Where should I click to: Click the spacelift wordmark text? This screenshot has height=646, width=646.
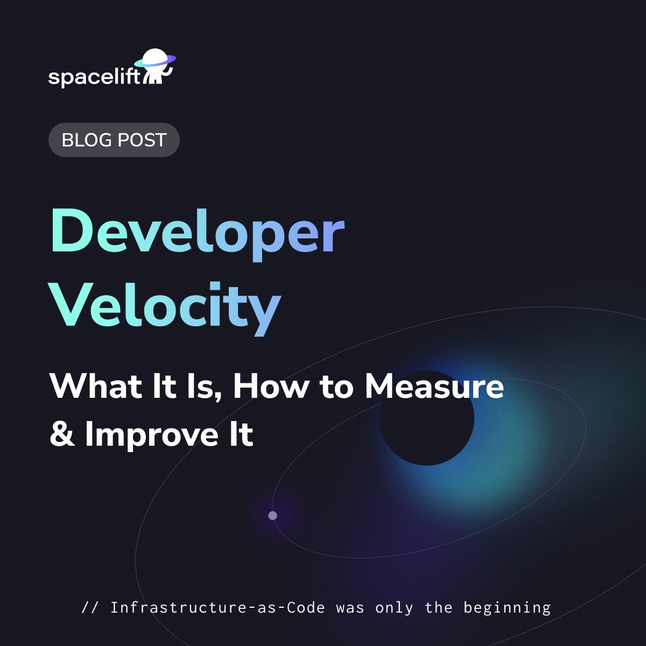pos(94,77)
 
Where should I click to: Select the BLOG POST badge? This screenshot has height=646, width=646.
pos(114,140)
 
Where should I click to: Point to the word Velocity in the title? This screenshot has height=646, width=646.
pos(166,307)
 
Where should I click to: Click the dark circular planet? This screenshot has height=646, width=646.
pos(426,418)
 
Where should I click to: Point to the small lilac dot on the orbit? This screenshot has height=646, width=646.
pos(272,516)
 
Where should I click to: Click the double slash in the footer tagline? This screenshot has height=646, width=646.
pos(90,608)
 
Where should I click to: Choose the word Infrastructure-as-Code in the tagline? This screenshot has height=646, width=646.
pos(217,608)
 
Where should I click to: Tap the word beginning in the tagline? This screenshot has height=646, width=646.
pos(507,608)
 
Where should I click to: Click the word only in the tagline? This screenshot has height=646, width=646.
pos(395,608)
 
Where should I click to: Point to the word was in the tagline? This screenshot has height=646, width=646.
pos(350,608)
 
